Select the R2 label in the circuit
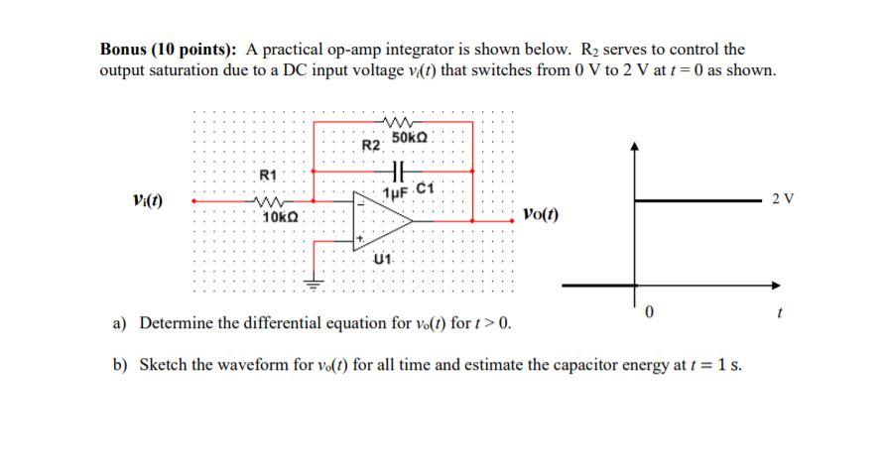click(x=370, y=146)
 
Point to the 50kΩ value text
click(x=410, y=136)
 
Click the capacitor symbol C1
click(x=400, y=170)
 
